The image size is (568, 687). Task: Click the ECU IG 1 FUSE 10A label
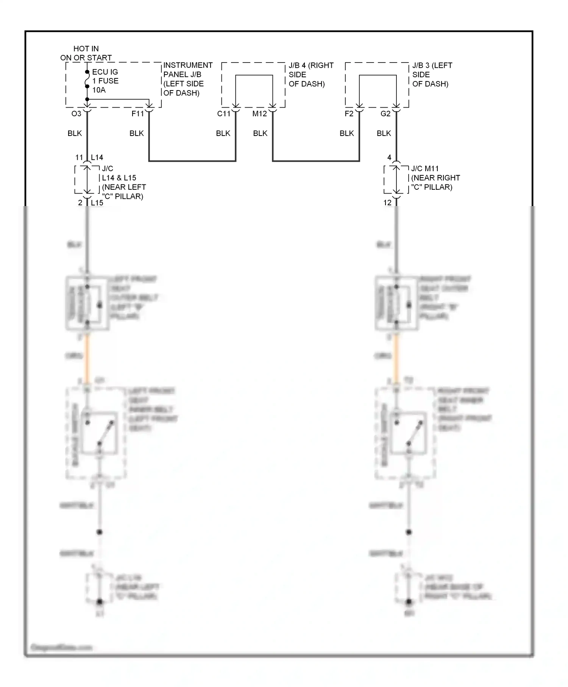pos(105,81)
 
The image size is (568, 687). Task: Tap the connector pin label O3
pos(76,114)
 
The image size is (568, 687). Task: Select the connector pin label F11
pos(137,114)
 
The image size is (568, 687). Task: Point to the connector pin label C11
pos(223,114)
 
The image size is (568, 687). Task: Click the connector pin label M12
pos(260,114)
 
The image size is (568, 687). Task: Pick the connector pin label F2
pos(349,114)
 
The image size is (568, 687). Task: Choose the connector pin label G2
pos(385,114)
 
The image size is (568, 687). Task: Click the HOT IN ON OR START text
pos(86,53)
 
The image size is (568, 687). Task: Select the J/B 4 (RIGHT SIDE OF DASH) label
pos(311,74)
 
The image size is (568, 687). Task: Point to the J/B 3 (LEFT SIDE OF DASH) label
pos(432,74)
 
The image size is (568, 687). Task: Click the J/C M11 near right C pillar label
pos(435,178)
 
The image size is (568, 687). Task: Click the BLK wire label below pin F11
pos(136,133)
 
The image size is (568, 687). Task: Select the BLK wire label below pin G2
pos(384,133)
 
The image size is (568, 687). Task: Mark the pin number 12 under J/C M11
pos(387,203)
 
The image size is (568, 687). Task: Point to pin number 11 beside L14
pos(79,158)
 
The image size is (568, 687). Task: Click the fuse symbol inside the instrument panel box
pos(87,79)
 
